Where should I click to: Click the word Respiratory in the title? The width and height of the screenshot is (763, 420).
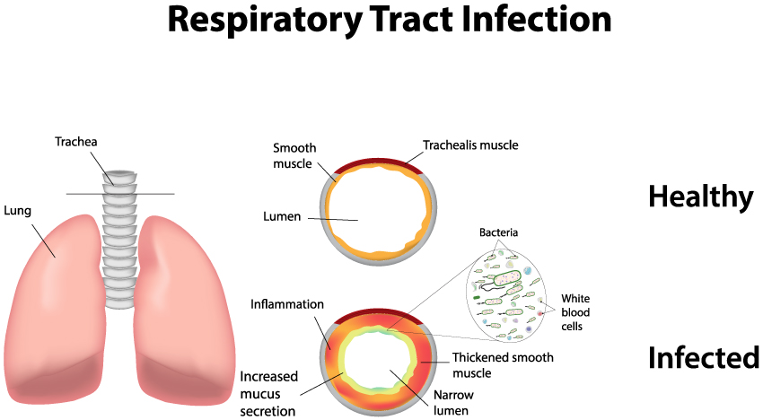click(x=265, y=20)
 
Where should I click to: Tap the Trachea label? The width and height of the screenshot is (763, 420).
click(x=76, y=142)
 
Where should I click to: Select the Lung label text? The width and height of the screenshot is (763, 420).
click(x=18, y=211)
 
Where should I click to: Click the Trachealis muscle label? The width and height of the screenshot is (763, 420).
click(x=470, y=145)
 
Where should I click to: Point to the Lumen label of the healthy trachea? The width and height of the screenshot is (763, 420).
click(x=282, y=216)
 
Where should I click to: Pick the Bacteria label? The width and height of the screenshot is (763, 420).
click(x=498, y=232)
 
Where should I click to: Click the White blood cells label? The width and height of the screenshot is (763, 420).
click(x=575, y=312)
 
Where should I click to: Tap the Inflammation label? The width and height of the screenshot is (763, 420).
click(x=287, y=304)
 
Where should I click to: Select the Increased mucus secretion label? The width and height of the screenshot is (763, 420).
click(x=268, y=394)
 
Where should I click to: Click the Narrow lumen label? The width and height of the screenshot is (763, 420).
click(x=453, y=402)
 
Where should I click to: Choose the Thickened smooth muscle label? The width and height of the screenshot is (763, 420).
click(x=503, y=365)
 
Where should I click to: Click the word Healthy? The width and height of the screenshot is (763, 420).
click(x=701, y=197)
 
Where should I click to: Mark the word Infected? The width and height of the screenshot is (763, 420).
click(x=704, y=357)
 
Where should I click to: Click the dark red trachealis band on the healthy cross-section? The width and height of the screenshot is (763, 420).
click(x=378, y=162)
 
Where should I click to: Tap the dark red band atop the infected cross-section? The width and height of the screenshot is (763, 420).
click(x=378, y=312)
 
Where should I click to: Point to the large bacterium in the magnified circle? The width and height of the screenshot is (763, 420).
click(x=507, y=277)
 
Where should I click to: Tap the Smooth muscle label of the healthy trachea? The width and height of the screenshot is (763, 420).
click(x=294, y=156)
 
